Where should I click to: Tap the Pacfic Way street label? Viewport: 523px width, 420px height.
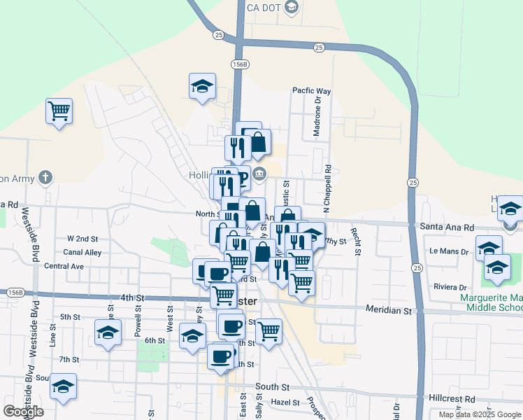[x=311, y=91]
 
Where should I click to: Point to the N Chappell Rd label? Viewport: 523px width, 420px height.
[x=327, y=189]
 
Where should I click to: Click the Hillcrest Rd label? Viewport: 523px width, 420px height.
[x=452, y=398]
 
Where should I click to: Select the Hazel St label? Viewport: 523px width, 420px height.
[x=285, y=403]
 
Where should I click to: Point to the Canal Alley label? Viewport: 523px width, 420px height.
[x=83, y=252]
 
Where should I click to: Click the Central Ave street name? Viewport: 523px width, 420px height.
[x=64, y=267]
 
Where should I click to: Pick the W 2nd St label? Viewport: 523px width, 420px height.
[x=83, y=239]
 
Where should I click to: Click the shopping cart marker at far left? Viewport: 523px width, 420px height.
[x=59, y=111]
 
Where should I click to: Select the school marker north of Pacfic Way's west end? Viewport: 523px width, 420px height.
[x=202, y=86]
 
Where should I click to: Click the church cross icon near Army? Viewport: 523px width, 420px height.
[x=45, y=177]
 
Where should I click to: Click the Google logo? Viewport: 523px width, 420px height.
[x=24, y=412]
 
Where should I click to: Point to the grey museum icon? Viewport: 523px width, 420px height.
[x=260, y=174]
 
